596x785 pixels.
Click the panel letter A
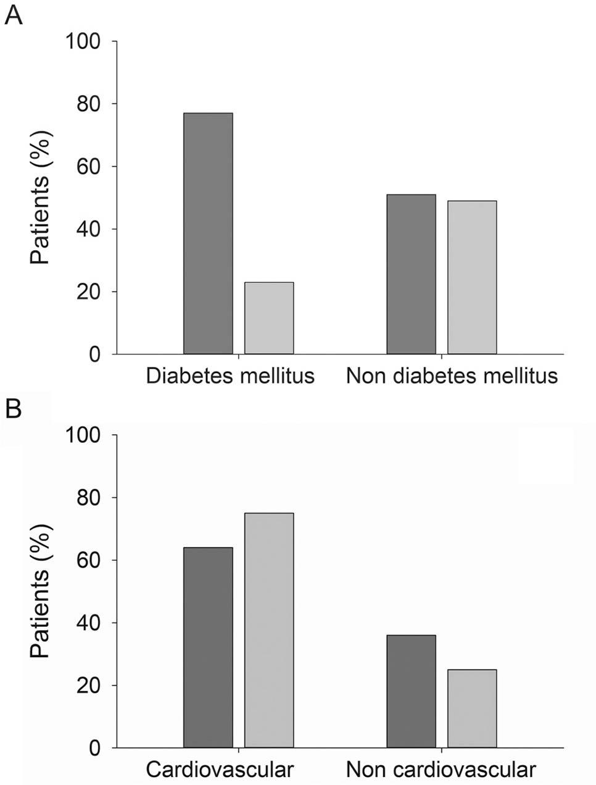point(13,14)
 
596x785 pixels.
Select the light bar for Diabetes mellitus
point(269,318)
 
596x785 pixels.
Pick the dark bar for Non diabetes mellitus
point(411,274)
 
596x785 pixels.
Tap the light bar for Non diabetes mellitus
point(472,277)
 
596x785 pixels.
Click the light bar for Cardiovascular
point(269,630)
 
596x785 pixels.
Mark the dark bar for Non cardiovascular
point(411,691)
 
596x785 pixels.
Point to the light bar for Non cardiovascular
point(472,708)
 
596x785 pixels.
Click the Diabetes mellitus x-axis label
point(230,376)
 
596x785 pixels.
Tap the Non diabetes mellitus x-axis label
point(452,376)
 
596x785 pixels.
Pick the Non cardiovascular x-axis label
point(441,770)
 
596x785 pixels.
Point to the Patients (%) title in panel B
point(41,591)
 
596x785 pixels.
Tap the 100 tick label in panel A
point(82,41)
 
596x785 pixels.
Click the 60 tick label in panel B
point(88,560)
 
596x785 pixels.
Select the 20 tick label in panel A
point(88,292)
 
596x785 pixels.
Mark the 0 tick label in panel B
point(94,748)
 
